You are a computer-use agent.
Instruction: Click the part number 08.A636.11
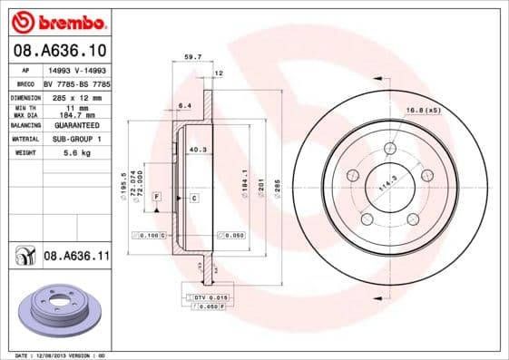76,257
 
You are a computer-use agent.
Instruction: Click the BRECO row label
25,83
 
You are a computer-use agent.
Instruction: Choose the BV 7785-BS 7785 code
76,83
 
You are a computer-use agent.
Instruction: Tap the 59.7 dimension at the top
192,57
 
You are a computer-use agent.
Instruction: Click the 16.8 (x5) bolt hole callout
423,110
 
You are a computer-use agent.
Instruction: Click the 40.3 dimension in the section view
197,149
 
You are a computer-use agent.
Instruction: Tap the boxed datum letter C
194,197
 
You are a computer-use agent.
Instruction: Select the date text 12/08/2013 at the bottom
59,355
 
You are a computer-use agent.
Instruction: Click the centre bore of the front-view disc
389,187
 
